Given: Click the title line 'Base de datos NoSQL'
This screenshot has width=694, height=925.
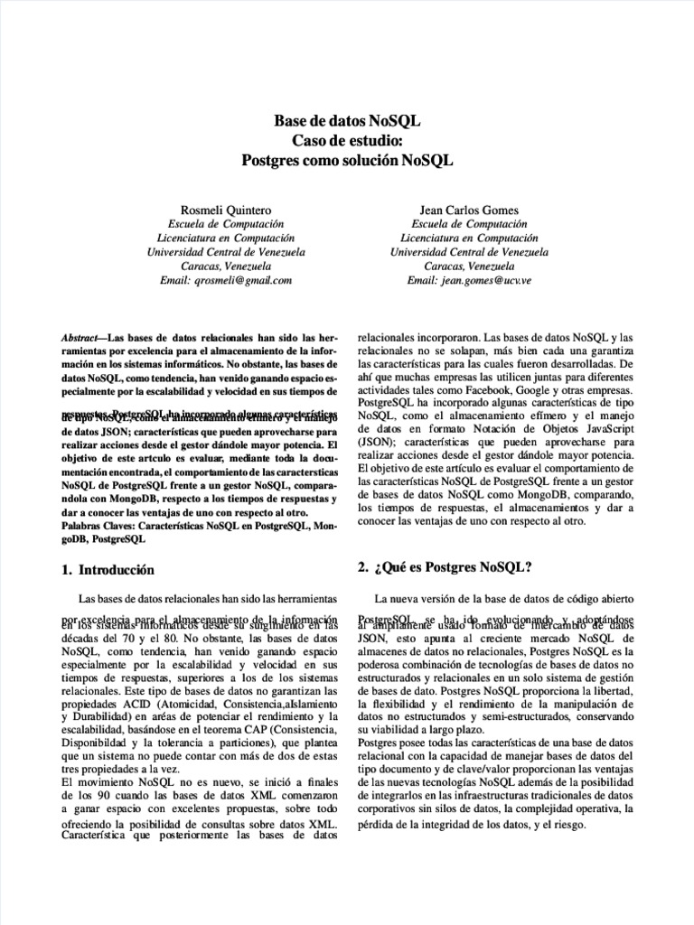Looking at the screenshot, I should pos(347,121).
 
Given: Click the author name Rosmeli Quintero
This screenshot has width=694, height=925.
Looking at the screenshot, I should pos(226,210).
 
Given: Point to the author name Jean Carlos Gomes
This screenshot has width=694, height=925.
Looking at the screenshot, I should pos(469,210).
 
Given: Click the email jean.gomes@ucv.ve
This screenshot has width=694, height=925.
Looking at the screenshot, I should pos(483,281).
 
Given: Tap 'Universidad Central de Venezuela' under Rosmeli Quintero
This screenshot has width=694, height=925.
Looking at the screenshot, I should pos(226,253).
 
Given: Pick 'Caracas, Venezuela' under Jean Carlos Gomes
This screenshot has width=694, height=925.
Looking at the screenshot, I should pos(469,267).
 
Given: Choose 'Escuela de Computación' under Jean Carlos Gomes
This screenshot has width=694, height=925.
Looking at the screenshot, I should pos(469,224).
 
